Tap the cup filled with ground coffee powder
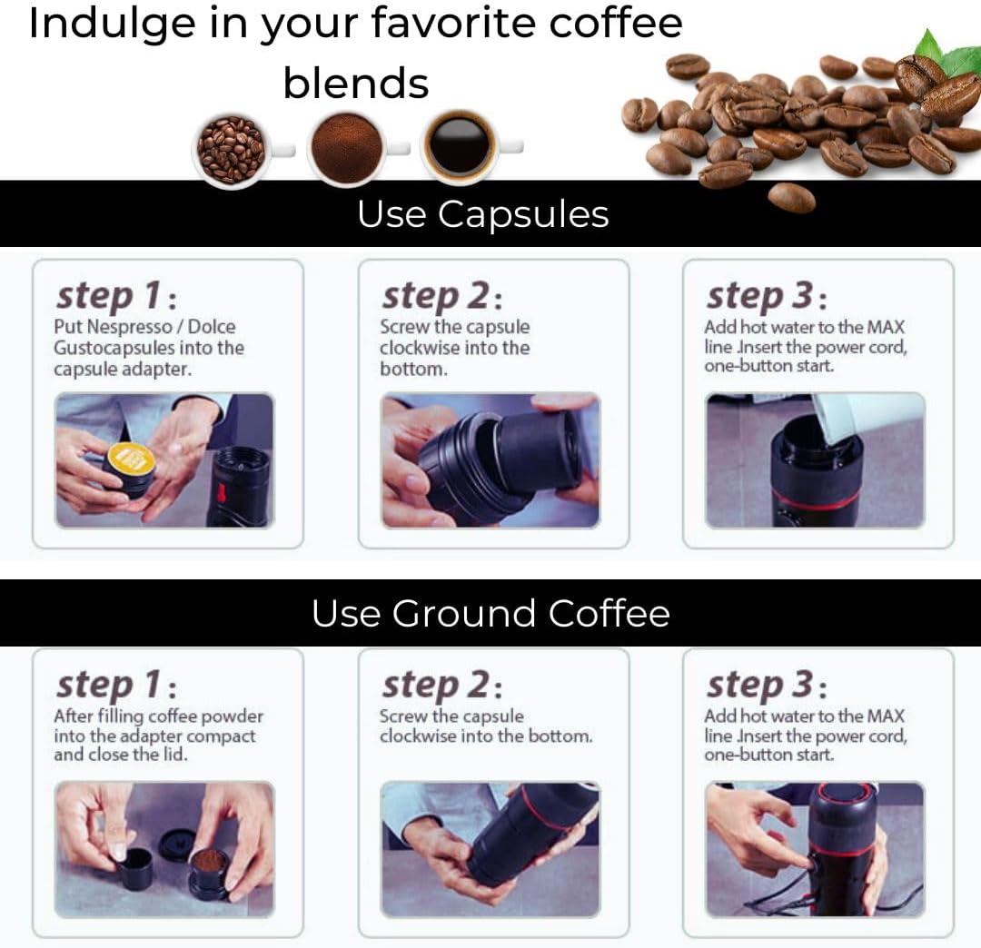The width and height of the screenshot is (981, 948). tap(346, 148)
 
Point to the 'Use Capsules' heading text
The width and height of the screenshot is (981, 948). tap(482, 214)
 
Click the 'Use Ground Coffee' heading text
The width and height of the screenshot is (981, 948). tap(490, 614)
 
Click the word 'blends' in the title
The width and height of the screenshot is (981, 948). tap(355, 84)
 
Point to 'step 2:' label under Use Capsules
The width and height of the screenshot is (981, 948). tap(441, 296)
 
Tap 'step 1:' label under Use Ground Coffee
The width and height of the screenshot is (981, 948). tap(116, 685)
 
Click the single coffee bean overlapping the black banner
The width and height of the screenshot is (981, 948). tap(791, 197)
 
